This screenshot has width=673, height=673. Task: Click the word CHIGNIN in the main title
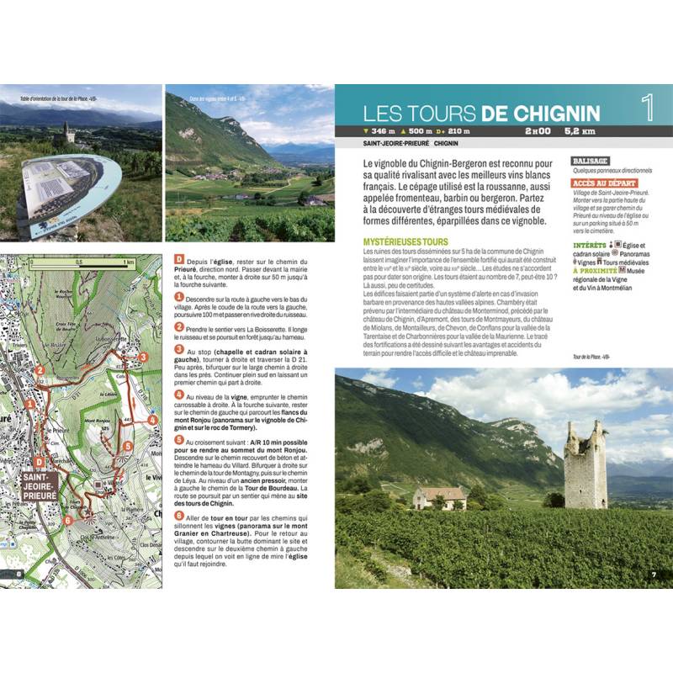[543, 113]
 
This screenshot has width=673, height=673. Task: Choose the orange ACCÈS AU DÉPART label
[604, 183]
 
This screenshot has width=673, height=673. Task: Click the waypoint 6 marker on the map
[69, 519]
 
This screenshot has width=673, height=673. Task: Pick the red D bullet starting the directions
[178, 262]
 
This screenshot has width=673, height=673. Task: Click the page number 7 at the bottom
[653, 575]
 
